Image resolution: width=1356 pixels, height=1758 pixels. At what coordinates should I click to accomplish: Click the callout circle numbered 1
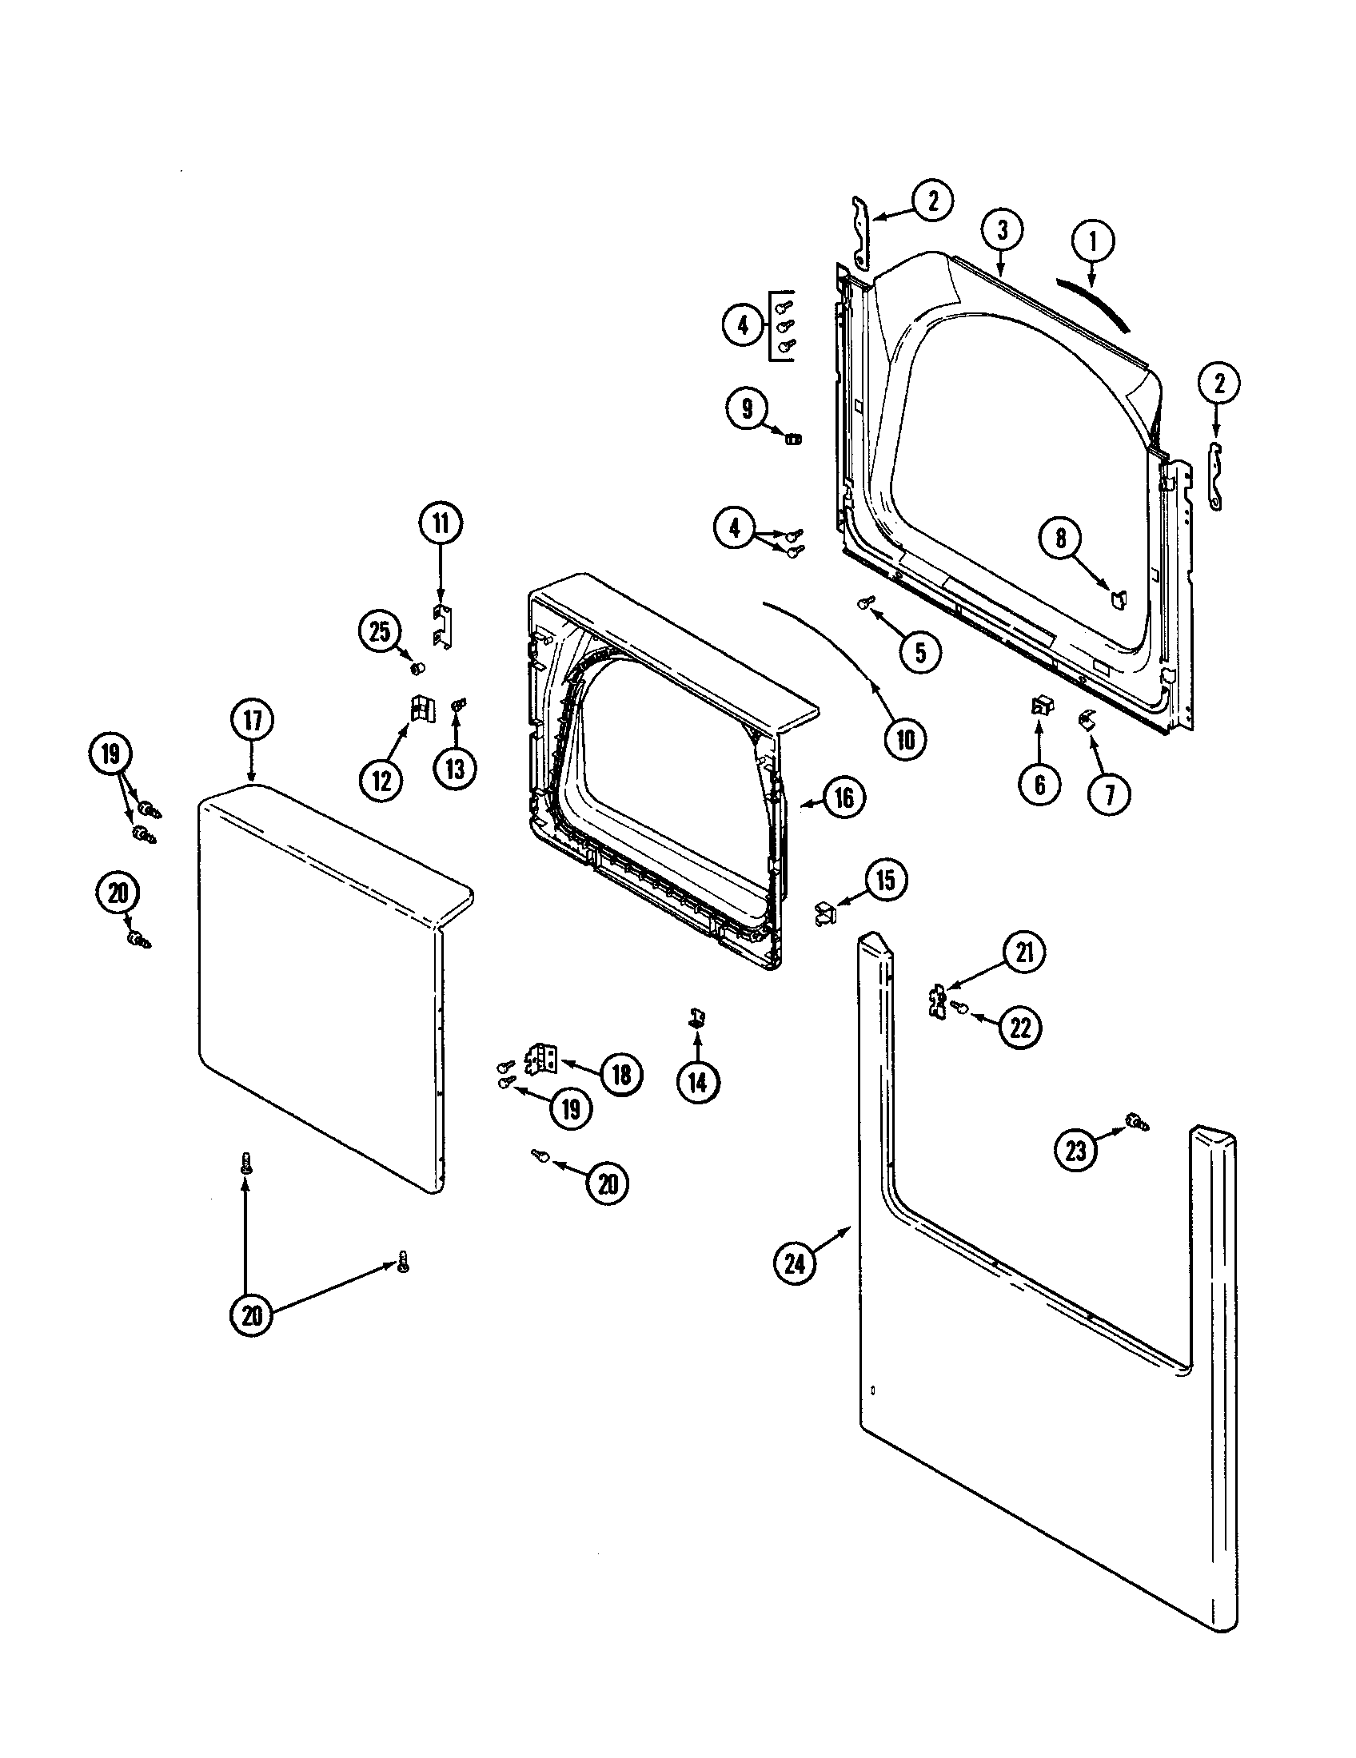pyautogui.click(x=1092, y=241)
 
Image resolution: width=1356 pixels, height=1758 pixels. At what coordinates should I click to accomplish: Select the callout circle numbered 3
pyautogui.click(x=1003, y=231)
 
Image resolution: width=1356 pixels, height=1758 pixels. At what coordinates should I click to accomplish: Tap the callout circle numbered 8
pyautogui.click(x=1060, y=538)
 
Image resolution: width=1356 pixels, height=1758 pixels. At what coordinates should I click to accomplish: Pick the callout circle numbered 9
pyautogui.click(x=748, y=409)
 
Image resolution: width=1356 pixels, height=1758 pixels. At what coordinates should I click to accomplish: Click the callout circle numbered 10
pyautogui.click(x=906, y=739)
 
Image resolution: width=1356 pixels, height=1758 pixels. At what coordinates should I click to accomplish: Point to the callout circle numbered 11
pyautogui.click(x=441, y=523)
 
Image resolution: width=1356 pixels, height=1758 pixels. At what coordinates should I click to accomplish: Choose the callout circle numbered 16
pyautogui.click(x=843, y=797)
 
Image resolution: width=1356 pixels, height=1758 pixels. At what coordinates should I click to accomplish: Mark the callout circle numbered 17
pyautogui.click(x=253, y=721)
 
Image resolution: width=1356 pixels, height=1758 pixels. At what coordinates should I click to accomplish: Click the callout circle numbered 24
pyautogui.click(x=795, y=1264)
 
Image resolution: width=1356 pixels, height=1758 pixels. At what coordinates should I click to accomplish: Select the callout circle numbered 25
pyautogui.click(x=379, y=631)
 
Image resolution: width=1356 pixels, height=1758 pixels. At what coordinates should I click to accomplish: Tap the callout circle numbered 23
pyautogui.click(x=1076, y=1150)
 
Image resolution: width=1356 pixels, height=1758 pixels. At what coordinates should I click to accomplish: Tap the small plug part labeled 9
pyautogui.click(x=793, y=439)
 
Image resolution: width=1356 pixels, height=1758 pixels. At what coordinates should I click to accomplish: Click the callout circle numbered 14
pyautogui.click(x=697, y=1083)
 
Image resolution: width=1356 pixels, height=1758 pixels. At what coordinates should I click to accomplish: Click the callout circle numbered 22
pyautogui.click(x=1020, y=1028)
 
